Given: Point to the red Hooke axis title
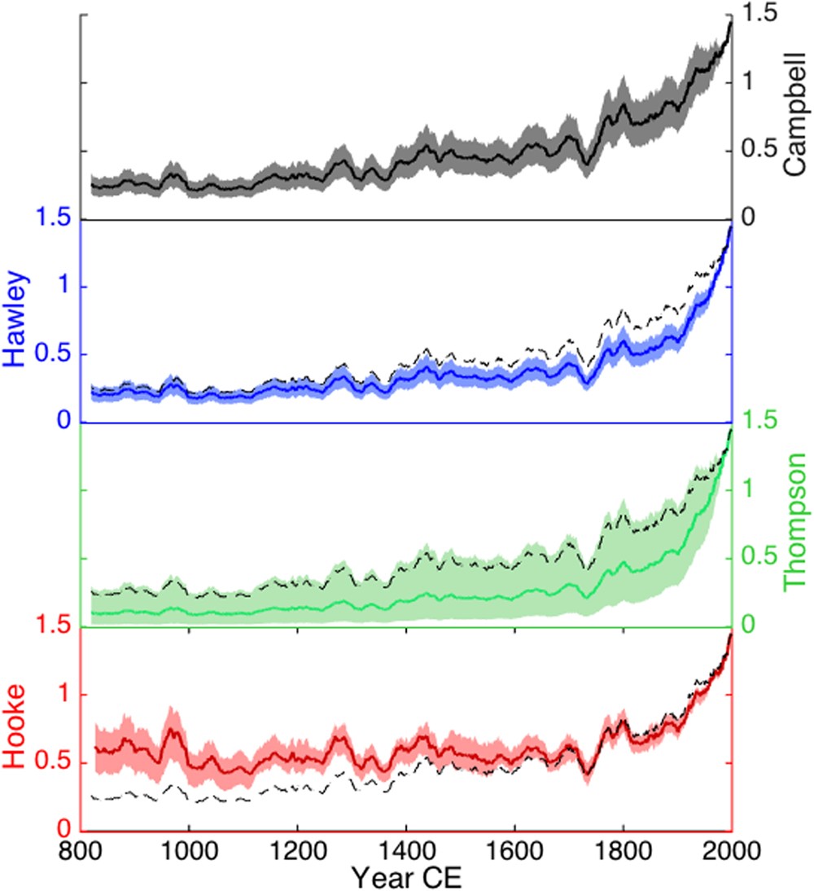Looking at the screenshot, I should (18, 726).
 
